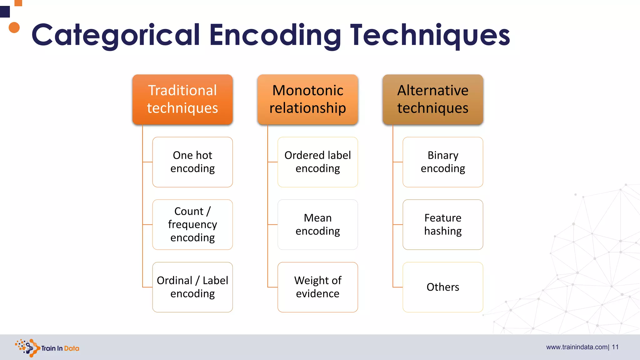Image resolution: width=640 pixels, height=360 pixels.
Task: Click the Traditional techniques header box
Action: (182, 99)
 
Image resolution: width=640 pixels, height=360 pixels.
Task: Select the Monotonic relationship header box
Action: (307, 99)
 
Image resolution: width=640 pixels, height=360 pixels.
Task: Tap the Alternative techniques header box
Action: (433, 99)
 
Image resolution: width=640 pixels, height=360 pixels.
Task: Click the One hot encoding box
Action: (192, 162)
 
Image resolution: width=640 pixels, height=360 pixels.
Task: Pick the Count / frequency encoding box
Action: (192, 224)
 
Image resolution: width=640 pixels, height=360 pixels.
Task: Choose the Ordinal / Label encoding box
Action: (192, 287)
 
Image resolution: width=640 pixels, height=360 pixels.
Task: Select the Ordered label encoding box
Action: (317, 162)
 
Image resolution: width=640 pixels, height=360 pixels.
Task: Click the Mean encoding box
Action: (317, 224)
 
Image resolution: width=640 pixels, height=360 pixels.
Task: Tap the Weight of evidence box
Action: (317, 287)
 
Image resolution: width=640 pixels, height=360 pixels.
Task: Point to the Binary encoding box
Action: (443, 162)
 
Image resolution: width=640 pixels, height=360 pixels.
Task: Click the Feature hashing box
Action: (443, 224)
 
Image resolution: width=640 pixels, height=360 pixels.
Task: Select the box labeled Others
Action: (443, 287)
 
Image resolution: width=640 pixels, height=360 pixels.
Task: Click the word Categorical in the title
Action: (116, 35)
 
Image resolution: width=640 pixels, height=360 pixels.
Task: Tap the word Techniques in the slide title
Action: (430, 35)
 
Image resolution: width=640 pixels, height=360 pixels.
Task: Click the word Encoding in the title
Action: (275, 35)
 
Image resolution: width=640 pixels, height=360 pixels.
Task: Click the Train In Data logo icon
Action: (27, 347)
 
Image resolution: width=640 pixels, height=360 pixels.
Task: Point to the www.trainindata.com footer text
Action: (577, 347)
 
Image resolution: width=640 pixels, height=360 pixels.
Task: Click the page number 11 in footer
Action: (615, 347)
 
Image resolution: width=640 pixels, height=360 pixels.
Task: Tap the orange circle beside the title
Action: (14, 27)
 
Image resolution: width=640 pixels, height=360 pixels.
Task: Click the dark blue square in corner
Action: (5, 12)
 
